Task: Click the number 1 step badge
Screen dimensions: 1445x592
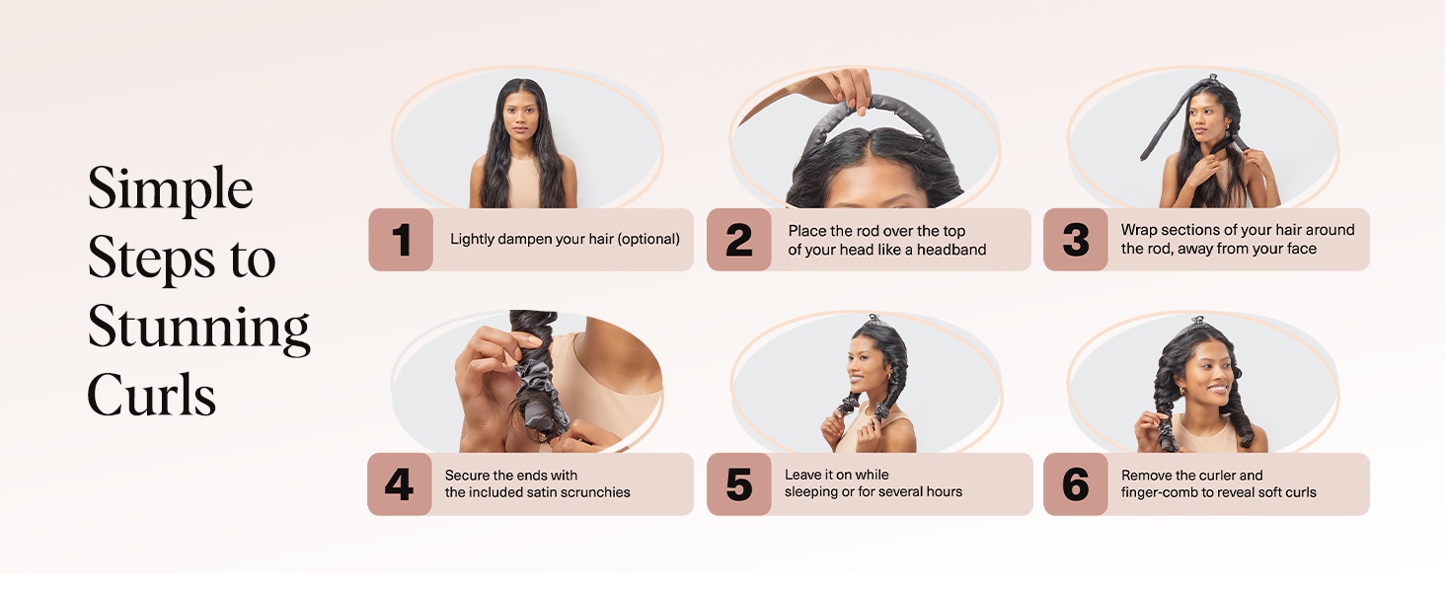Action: click(x=401, y=239)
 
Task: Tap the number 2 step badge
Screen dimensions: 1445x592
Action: click(x=738, y=239)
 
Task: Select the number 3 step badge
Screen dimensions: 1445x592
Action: click(x=1076, y=239)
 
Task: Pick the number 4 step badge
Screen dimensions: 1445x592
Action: click(x=400, y=483)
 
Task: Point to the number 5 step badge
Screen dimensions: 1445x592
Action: click(x=738, y=483)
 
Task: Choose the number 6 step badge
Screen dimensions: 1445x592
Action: click(x=1076, y=483)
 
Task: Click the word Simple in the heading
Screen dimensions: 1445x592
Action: click(x=171, y=189)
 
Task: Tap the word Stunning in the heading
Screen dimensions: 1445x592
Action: click(x=198, y=329)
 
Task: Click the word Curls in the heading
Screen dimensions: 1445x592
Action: click(x=152, y=394)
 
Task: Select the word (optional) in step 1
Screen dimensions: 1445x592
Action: click(x=648, y=239)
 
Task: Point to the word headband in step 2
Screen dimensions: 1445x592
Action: click(x=951, y=250)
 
